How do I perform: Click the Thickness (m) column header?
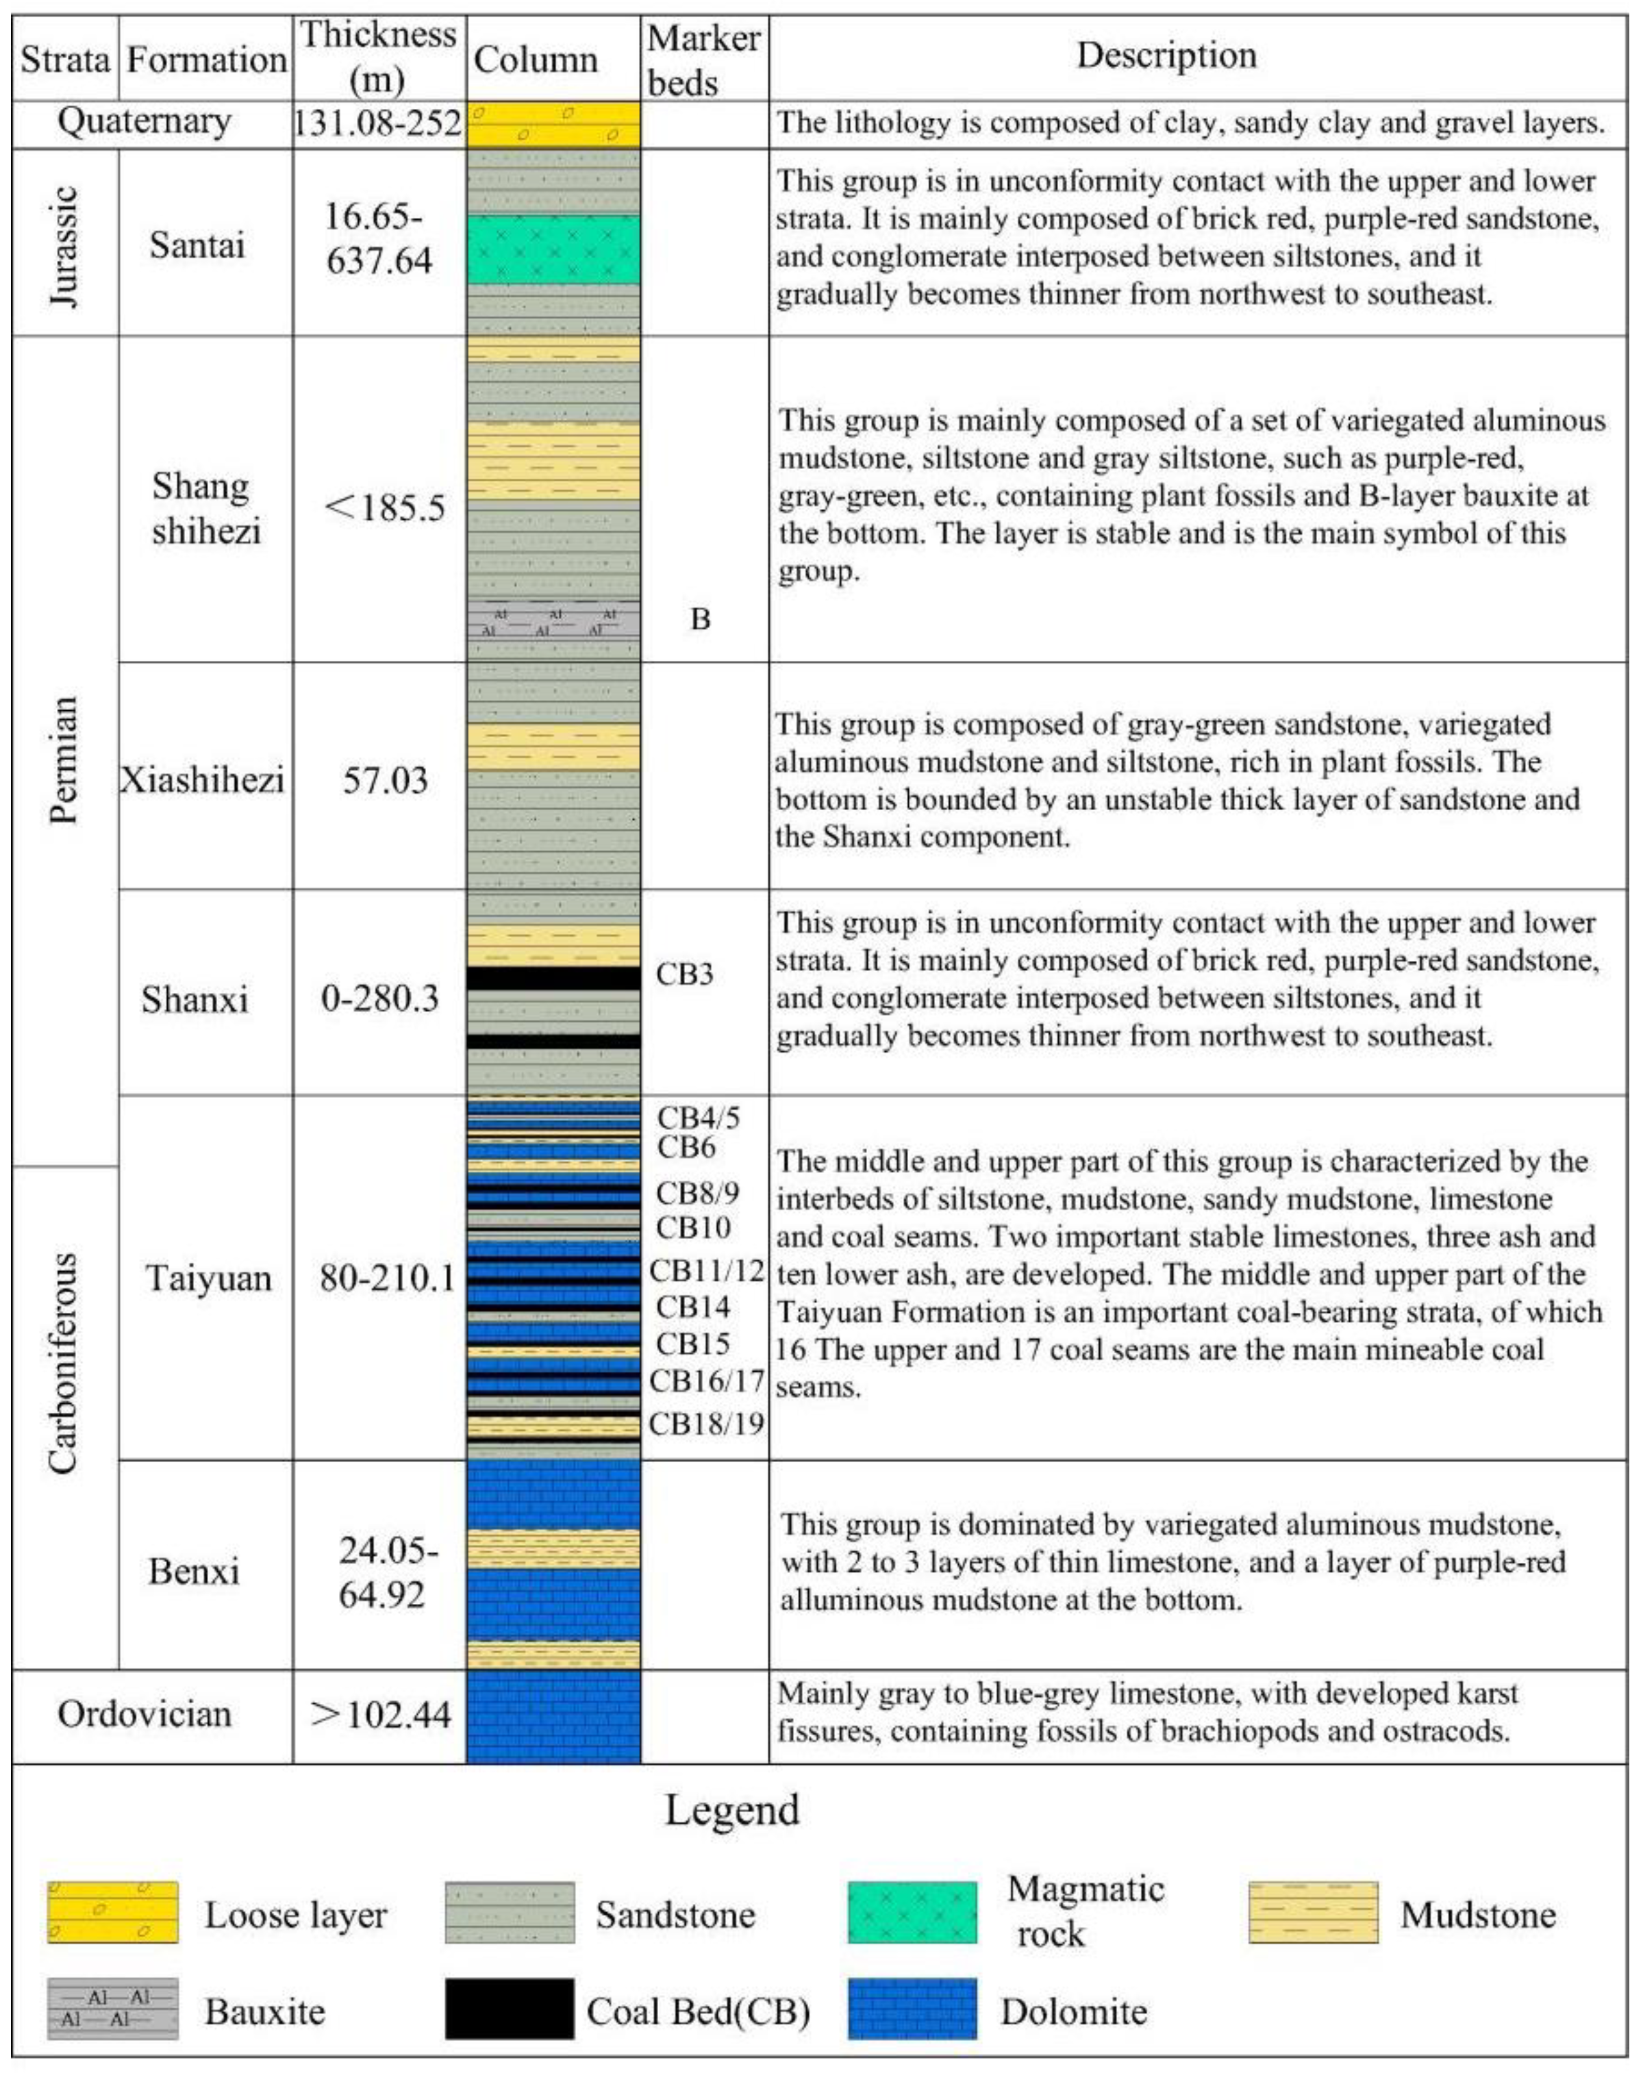coord(378,57)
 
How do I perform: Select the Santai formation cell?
coord(197,244)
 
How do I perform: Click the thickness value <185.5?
coord(384,507)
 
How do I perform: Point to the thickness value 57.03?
coord(384,780)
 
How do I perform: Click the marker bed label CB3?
coord(683,974)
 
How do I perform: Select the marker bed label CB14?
coord(692,1307)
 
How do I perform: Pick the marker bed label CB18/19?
coord(705,1424)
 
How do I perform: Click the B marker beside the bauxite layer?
coord(700,619)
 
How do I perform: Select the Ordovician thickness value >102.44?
coord(381,1714)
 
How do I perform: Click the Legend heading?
coord(731,1809)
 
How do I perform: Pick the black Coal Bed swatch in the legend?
coord(509,2009)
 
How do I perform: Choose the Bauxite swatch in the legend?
coord(112,2009)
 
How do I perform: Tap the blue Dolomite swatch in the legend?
coord(912,2009)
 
